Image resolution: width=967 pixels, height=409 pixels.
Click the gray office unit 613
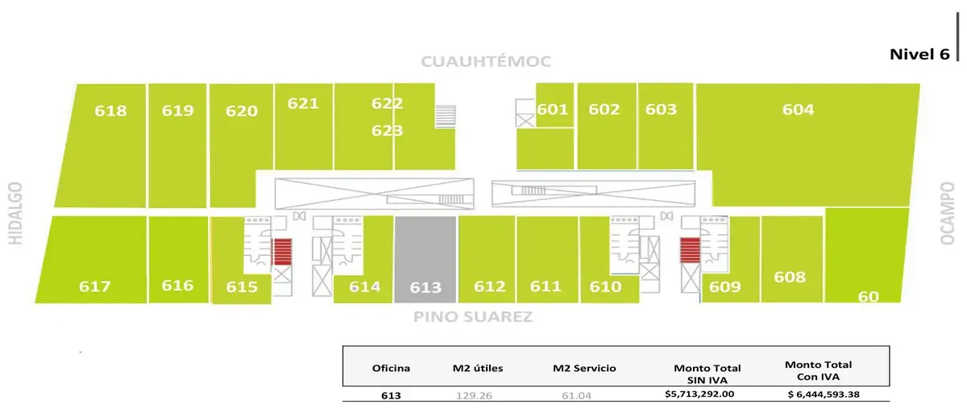point(425,260)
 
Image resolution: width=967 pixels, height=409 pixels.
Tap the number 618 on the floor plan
point(110,111)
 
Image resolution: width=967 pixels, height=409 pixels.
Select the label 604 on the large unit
point(799,110)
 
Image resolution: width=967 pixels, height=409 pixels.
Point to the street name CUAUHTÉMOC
point(486,61)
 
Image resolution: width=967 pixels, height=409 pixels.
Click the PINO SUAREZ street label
point(473,317)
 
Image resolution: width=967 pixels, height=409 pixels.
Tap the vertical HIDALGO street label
point(15,213)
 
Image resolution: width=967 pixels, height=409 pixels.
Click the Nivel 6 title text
point(919,55)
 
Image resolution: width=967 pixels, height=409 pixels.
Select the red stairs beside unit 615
point(282,252)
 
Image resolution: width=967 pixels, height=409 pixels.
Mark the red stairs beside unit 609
point(690,250)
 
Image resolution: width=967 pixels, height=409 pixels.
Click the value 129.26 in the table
point(474,395)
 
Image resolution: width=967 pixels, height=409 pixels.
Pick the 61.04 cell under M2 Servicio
point(576,395)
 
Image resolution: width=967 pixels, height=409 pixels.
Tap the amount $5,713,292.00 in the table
point(699,394)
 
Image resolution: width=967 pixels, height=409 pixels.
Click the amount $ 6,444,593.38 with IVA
point(824,394)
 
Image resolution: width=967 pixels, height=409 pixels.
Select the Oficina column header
point(391,369)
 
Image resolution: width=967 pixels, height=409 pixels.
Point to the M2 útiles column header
point(478,369)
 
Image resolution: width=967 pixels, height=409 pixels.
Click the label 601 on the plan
point(553,110)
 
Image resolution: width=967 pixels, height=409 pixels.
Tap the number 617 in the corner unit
point(94,286)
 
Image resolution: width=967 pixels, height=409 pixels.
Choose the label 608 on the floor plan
point(790,278)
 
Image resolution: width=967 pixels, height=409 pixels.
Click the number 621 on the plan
point(303,104)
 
